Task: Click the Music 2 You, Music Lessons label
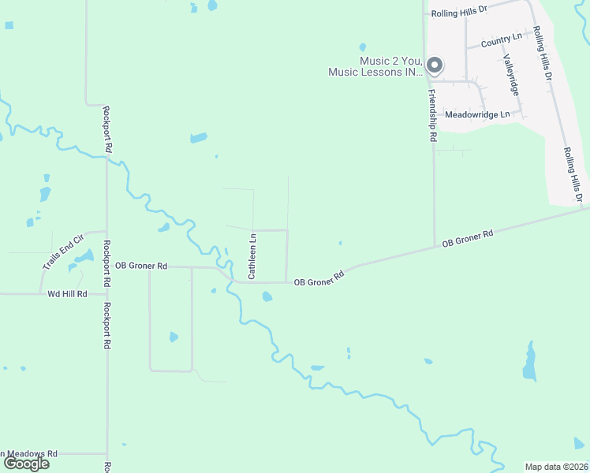click(x=375, y=66)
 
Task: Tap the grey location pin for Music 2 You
click(x=434, y=65)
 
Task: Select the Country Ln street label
click(x=501, y=39)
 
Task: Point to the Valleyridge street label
click(x=511, y=75)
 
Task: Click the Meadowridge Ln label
click(x=478, y=114)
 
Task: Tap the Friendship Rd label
click(x=432, y=114)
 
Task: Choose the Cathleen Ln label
click(x=252, y=255)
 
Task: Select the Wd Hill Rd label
click(x=66, y=293)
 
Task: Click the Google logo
click(x=25, y=463)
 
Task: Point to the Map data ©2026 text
click(x=557, y=467)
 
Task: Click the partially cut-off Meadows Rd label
click(x=30, y=454)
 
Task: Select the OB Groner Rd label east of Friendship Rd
click(x=467, y=239)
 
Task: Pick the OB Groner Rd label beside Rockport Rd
click(x=140, y=266)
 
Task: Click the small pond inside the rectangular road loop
click(x=174, y=337)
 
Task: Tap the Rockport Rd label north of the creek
click(x=107, y=130)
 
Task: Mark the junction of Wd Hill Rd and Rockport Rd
click(x=107, y=293)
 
